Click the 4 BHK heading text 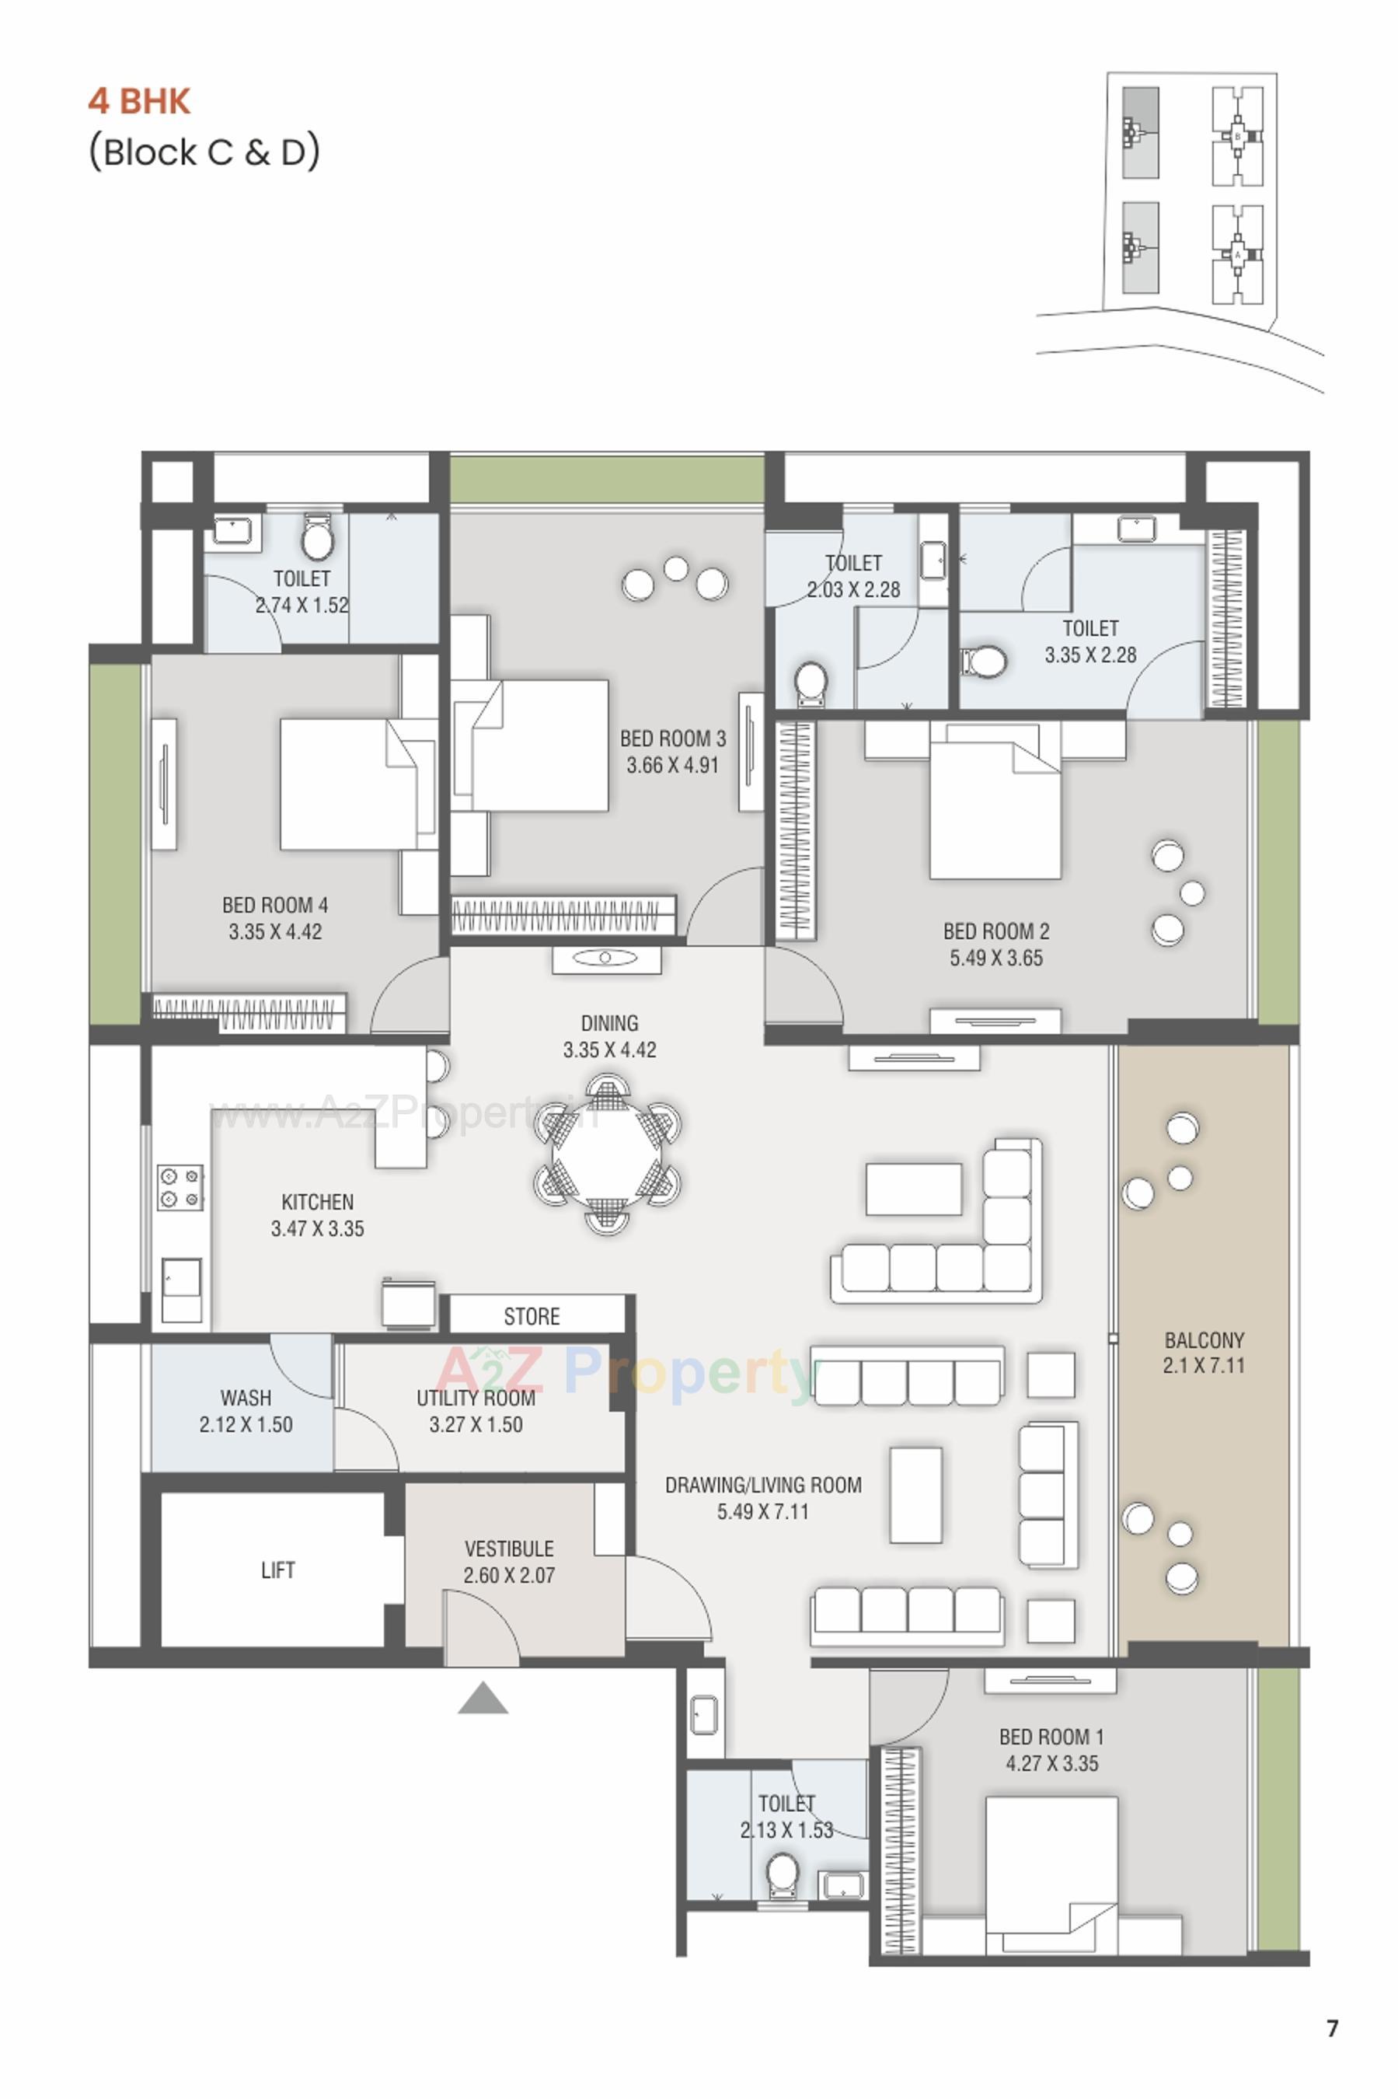tap(139, 101)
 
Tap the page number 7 tap(1332, 2028)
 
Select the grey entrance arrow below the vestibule tap(483, 1699)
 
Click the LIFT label tap(277, 1570)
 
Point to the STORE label tap(532, 1317)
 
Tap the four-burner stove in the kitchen tap(180, 1188)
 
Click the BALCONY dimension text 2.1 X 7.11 tap(1203, 1365)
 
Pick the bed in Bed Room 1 tap(1051, 1873)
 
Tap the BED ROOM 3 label tap(672, 739)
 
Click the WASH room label tap(246, 1397)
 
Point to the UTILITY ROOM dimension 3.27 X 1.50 tap(476, 1424)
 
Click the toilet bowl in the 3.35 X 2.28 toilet tap(985, 662)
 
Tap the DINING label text tap(609, 1023)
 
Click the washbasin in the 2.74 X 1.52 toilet tap(234, 533)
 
